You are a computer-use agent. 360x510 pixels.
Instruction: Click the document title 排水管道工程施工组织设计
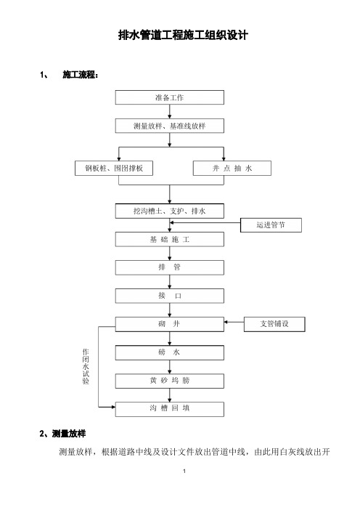coord(183,35)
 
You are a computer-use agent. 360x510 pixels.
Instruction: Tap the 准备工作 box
coord(170,97)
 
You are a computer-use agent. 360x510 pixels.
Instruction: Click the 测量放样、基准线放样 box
coord(170,126)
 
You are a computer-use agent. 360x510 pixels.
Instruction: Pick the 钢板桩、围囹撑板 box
coord(114,168)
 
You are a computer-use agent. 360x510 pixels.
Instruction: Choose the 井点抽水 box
coord(232,168)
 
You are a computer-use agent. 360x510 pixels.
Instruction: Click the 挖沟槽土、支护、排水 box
coord(170,211)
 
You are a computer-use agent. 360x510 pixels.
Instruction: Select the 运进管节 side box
coord(271,225)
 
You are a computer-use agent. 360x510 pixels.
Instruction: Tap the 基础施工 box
coord(170,240)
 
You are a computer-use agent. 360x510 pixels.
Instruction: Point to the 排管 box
coord(170,267)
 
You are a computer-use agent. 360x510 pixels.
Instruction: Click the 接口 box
coord(170,296)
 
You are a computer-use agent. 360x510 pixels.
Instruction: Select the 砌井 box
coord(170,324)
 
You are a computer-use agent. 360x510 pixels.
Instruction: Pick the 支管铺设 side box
coord(274,324)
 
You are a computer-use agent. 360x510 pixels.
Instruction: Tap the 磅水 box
coord(170,352)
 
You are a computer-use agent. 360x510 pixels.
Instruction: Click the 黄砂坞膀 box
coord(170,381)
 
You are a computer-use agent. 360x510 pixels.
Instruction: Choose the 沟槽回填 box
coord(170,409)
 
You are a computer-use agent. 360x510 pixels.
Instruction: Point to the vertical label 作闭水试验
coord(86,367)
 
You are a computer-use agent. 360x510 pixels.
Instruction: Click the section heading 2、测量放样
coord(62,434)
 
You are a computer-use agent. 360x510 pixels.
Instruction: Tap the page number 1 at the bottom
coord(184,471)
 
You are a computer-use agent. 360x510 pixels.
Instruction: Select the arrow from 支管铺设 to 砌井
coord(234,322)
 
